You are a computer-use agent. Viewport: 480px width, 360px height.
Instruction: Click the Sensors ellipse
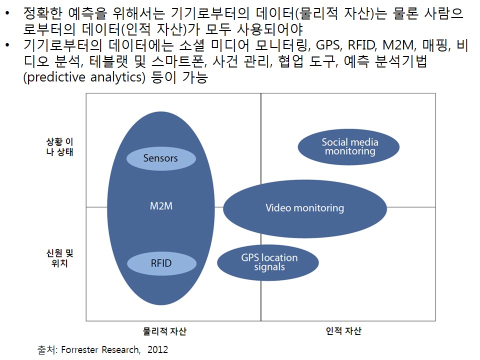(x=161, y=158)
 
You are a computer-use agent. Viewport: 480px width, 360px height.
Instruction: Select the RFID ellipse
(x=161, y=263)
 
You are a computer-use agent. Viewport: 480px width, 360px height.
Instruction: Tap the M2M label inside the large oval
(x=161, y=206)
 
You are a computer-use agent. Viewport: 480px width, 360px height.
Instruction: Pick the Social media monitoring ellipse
(x=348, y=147)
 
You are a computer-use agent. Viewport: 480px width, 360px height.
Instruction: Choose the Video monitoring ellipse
(x=305, y=209)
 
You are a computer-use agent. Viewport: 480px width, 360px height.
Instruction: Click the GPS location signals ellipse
(x=268, y=262)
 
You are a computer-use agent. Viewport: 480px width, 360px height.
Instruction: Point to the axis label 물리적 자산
(x=164, y=331)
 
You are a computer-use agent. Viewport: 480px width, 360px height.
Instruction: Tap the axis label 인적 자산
(x=343, y=331)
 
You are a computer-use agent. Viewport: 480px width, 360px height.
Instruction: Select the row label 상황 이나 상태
(x=59, y=146)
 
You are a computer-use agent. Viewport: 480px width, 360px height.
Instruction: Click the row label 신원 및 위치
(x=59, y=258)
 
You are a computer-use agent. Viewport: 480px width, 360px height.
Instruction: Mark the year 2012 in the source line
(x=157, y=349)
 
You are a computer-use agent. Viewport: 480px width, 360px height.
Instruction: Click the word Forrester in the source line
(x=79, y=349)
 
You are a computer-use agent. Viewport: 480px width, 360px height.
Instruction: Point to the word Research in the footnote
(x=121, y=349)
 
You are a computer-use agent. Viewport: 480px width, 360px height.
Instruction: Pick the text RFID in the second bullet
(x=362, y=45)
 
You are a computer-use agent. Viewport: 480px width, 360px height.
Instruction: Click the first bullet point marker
(x=7, y=13)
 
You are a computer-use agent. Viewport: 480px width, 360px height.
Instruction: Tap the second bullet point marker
(x=7, y=45)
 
